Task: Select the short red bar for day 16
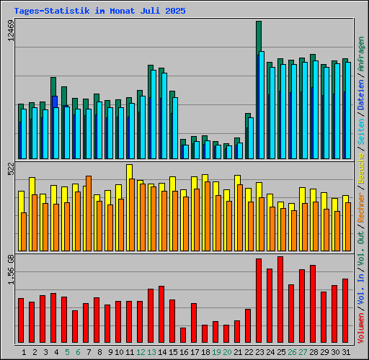183,335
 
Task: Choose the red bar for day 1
21,320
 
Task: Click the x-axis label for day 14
162,352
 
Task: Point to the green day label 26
292,352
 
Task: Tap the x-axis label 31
346,352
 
